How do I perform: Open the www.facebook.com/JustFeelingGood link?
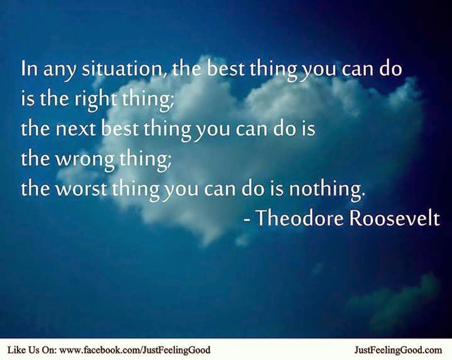pyautogui.click(x=134, y=349)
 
